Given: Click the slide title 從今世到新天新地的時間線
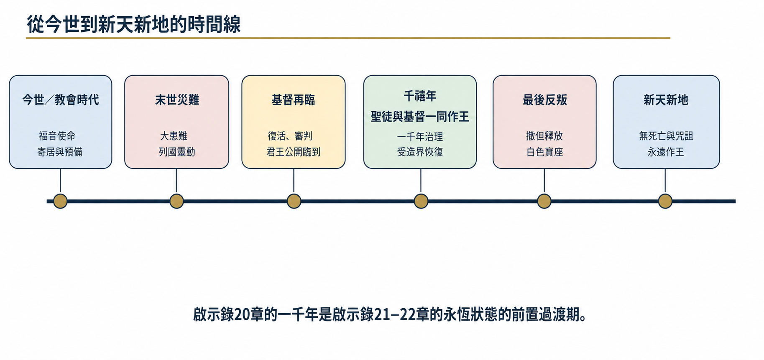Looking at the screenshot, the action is (134, 24).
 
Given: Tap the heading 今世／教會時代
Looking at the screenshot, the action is (61, 100).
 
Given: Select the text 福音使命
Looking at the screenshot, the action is (57, 136).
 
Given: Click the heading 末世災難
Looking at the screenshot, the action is (177, 100).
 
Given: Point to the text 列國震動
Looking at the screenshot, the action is (177, 152).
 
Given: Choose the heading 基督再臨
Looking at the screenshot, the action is (293, 100).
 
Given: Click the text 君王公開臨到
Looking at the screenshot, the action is (294, 152).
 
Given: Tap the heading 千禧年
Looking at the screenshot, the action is (420, 96).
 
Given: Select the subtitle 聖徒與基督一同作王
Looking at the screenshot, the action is (420, 117).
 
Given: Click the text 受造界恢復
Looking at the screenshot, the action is (420, 152).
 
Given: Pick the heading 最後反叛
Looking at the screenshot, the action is (545, 100).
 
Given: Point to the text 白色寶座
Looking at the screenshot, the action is (545, 152).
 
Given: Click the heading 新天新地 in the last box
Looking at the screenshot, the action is (666, 100).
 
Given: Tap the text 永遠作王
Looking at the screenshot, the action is (666, 152).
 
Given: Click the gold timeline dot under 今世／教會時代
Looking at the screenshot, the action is (60, 201).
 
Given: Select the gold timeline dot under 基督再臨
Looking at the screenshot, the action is (294, 201).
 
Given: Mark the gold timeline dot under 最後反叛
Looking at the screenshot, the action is (544, 201).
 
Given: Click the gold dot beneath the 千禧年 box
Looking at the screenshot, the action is (421, 201).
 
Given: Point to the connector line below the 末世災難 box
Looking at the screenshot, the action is (176, 181).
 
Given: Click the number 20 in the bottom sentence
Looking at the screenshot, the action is (242, 314).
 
